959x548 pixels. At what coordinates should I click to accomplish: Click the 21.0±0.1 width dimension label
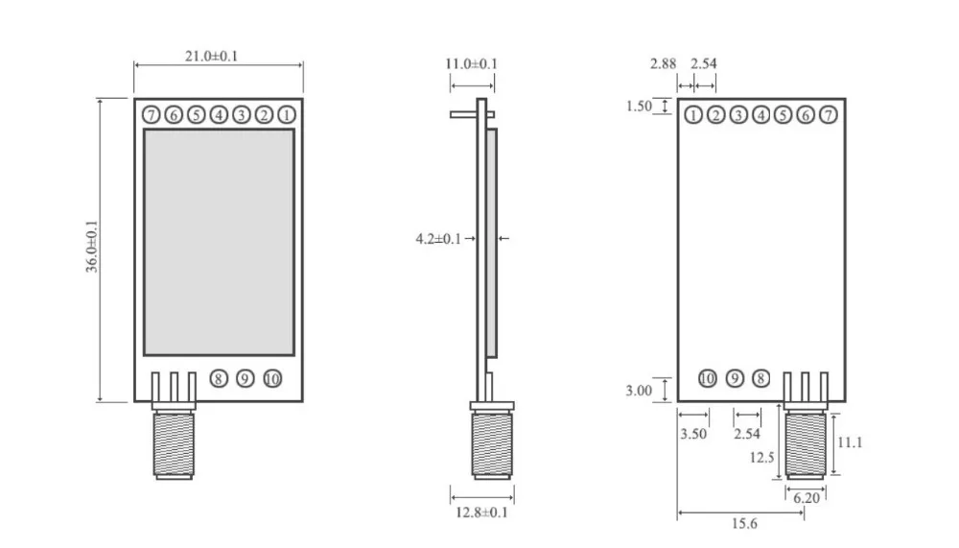point(211,57)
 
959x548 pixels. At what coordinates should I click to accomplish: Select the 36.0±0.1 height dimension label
point(92,247)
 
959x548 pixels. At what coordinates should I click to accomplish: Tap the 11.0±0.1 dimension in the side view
point(471,63)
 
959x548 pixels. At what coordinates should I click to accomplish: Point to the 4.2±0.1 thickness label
point(438,239)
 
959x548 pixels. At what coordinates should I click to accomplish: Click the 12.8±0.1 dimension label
point(482,512)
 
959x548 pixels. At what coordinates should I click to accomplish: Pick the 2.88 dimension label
point(663,63)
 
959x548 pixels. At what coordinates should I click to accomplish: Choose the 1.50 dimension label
point(639,107)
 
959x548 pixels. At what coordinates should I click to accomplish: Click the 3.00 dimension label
point(639,391)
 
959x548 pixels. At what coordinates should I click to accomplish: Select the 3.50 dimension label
point(693,434)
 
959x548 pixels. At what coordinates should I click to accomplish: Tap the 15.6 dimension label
point(744,523)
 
